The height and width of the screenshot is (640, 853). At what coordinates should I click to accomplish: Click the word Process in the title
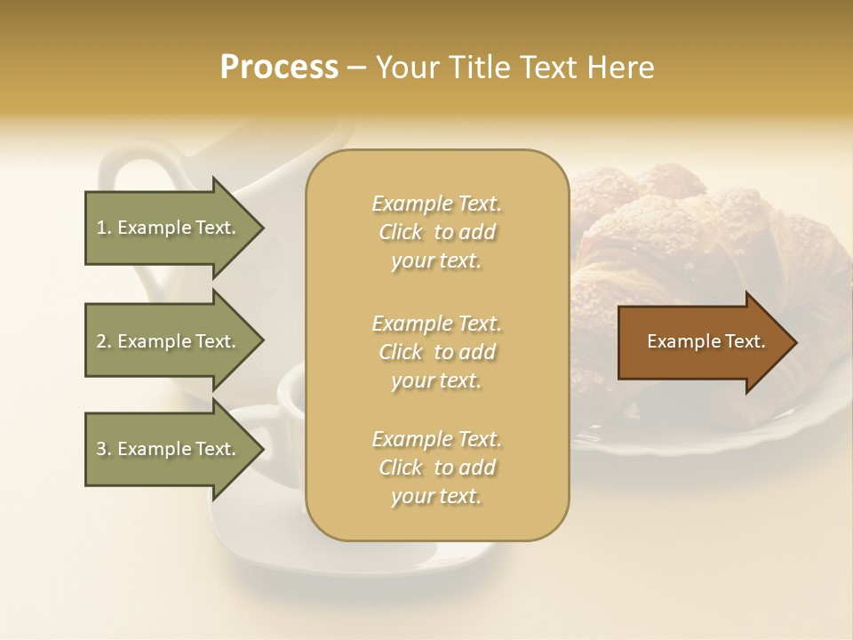click(x=279, y=68)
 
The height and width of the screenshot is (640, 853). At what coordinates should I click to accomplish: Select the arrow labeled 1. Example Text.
click(x=169, y=228)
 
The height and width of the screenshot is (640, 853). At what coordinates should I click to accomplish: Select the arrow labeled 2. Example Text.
click(x=169, y=341)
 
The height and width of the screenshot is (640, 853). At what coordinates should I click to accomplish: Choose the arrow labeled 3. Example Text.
click(x=169, y=449)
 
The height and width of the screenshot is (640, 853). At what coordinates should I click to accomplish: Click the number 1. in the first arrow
click(x=103, y=228)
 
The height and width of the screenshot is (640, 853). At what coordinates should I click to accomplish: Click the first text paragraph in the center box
click(x=436, y=232)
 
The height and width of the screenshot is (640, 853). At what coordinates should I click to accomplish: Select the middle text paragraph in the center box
click(x=436, y=352)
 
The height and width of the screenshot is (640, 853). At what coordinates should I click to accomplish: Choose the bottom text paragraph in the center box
click(x=436, y=468)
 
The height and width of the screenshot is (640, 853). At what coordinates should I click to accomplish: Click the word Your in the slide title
click(x=405, y=68)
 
